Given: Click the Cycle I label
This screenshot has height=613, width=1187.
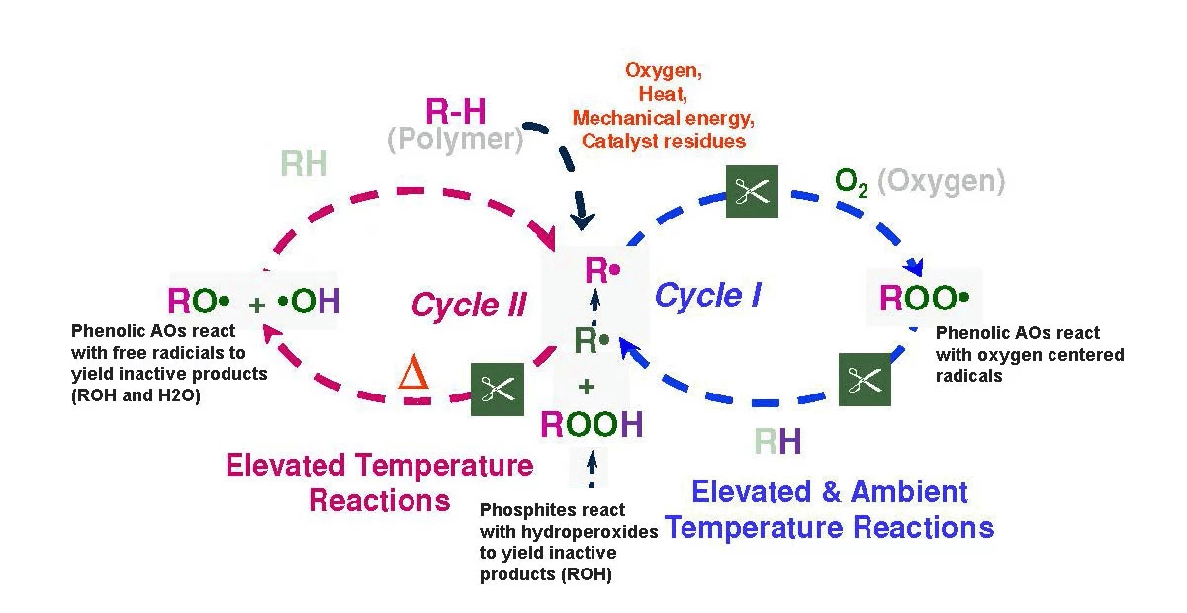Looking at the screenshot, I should (707, 295).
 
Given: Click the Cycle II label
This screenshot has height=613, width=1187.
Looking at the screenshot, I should (469, 305).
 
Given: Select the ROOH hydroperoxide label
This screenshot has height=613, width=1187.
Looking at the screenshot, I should (592, 425).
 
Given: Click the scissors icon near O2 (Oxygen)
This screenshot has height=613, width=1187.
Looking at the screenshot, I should (752, 192).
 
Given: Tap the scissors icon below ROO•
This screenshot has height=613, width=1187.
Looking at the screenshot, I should (865, 379).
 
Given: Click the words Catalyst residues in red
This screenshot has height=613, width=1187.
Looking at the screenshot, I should (663, 141).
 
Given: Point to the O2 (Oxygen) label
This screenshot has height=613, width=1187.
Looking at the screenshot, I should (920, 181).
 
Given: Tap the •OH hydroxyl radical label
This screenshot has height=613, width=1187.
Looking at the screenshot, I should (310, 301).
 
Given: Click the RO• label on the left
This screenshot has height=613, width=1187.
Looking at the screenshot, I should (199, 301).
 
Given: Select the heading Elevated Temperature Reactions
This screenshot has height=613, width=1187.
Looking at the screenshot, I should (380, 482).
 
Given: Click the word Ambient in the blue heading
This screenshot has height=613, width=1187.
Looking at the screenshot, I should (901, 491).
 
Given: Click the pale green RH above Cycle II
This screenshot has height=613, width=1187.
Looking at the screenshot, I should (304, 164).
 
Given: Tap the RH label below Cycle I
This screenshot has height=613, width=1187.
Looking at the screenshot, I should (777, 441).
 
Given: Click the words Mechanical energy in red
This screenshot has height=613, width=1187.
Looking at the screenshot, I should (663, 119).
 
